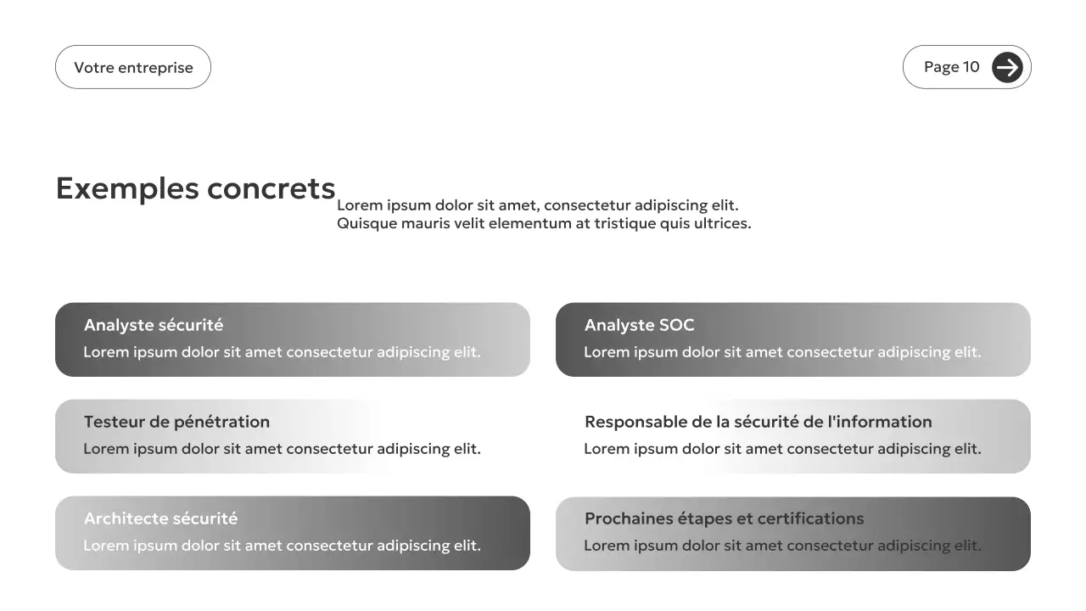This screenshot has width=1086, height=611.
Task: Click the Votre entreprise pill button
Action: point(133,68)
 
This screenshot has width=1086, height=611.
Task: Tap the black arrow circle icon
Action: point(1007,67)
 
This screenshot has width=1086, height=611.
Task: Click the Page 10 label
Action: point(951,67)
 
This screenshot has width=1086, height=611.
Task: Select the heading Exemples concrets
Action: point(195,188)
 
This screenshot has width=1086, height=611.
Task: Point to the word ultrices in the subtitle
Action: point(722,224)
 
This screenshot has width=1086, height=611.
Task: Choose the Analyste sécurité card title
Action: point(154,325)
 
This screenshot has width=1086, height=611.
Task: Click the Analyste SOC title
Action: point(639,325)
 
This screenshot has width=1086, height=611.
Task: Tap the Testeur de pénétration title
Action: point(176,422)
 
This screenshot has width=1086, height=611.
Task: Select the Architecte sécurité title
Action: point(160,519)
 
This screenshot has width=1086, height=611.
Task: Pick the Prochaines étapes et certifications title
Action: point(724,519)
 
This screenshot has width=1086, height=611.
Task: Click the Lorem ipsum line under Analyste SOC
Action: point(782,352)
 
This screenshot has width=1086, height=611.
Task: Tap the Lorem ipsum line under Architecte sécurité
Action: point(282,546)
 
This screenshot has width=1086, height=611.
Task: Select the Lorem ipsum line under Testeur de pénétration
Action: point(282,449)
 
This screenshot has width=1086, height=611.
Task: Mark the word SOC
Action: point(676,325)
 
